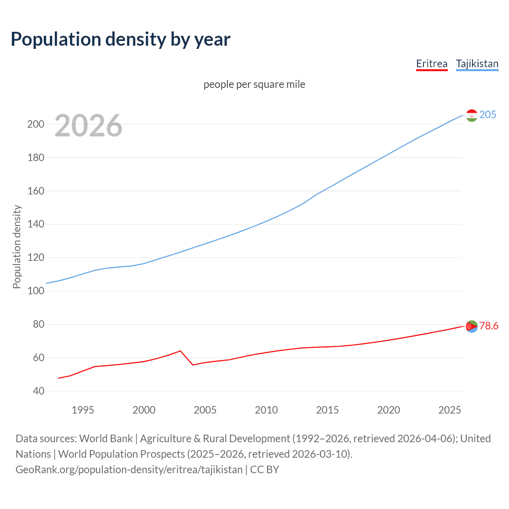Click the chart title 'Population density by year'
120,39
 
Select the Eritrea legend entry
431,64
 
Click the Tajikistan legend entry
477,64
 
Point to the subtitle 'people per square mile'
254,84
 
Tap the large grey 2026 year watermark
88,126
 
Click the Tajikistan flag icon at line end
471,115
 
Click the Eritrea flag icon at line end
471,326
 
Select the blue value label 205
488,115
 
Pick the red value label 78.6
489,326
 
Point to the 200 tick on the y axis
35,124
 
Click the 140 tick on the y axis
35,224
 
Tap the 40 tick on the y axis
39,391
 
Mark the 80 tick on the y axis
39,324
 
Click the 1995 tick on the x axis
83,410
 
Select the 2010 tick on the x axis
266,410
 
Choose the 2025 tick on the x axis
449,410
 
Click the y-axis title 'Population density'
17,247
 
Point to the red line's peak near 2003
181,351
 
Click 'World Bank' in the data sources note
106,439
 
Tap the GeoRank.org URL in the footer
129,470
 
